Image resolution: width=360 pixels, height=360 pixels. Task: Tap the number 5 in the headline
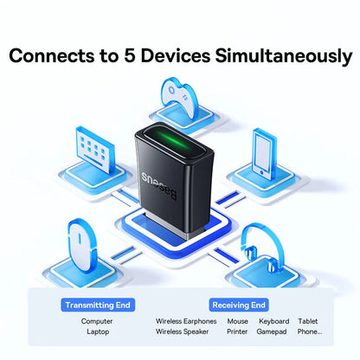click(139, 57)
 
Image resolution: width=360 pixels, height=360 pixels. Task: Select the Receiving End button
click(238, 305)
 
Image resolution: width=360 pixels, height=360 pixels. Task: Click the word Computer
click(97, 321)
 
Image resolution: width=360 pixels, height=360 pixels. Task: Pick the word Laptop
click(97, 331)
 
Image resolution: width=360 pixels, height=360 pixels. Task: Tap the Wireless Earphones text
click(186, 321)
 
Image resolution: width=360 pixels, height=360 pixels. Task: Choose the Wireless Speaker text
click(183, 331)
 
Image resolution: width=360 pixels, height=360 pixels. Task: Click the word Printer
click(237, 331)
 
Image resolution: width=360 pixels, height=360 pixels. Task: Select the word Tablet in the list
click(308, 321)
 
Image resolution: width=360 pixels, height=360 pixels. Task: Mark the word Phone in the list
click(308, 331)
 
